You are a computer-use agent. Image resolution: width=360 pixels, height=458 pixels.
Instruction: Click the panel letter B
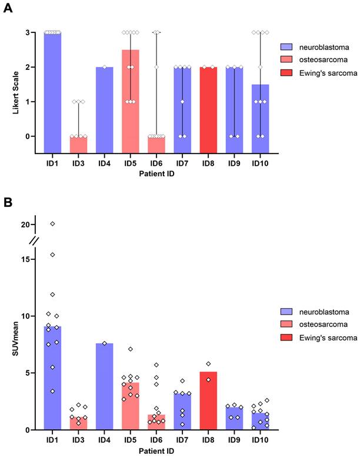pos(8,202)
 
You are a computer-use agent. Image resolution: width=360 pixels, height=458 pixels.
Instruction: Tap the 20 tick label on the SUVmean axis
pos(24,224)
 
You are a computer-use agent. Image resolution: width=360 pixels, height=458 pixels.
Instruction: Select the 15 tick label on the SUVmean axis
pos(24,259)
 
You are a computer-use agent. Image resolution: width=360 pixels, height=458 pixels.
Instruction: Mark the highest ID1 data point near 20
pos(52,223)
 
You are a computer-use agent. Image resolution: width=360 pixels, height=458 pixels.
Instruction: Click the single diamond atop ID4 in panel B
pos(104,343)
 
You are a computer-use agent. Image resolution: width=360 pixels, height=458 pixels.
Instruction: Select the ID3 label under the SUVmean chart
pos(78,441)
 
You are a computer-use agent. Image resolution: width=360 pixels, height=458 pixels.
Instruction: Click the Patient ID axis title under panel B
pos(156,451)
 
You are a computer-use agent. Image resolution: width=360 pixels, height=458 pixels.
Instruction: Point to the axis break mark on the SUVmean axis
pos(35,240)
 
